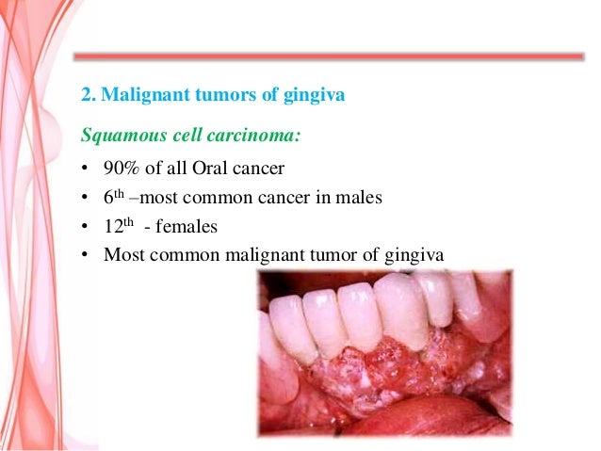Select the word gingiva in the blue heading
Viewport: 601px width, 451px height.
(x=317, y=95)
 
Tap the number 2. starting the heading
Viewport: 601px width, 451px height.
(x=88, y=95)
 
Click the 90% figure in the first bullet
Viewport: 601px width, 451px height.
(x=121, y=171)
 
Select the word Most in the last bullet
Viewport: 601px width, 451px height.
(x=123, y=254)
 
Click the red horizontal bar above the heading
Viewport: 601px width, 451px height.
(x=329, y=56)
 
